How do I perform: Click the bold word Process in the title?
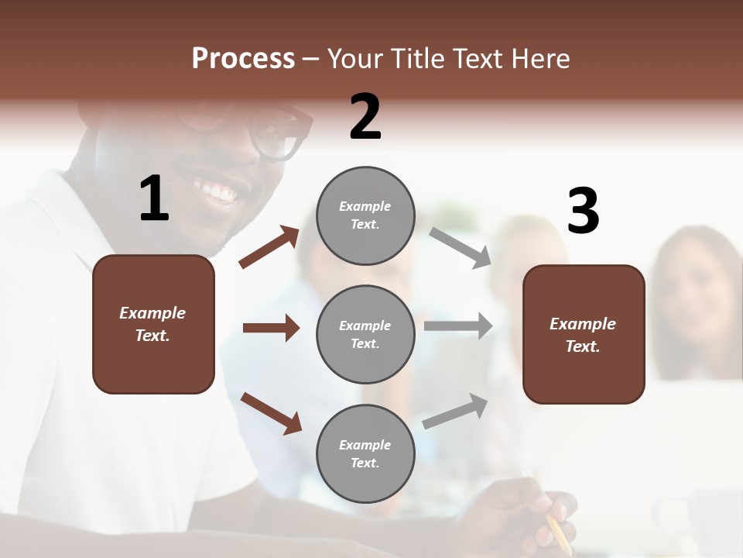coord(243,59)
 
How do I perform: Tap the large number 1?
coord(154,199)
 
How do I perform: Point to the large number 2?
coord(365,117)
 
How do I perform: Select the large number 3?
coord(583,212)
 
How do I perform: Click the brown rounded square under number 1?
coord(153,324)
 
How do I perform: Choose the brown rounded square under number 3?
coord(584,334)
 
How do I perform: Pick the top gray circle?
coord(365,215)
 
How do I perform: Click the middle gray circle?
coord(365,334)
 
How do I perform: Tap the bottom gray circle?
coord(365,453)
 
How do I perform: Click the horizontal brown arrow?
coord(271,328)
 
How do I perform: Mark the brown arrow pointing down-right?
coord(271,412)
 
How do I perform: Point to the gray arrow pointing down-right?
coord(460,247)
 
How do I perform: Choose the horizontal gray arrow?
coord(458,326)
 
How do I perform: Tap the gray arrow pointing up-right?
coord(455,412)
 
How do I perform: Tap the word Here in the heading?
coord(540,59)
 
